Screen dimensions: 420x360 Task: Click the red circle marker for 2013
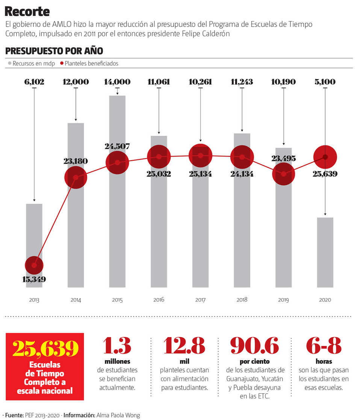tap(34, 265)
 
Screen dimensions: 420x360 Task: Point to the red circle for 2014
tap(76, 177)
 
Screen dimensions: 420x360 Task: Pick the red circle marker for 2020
tap(325, 157)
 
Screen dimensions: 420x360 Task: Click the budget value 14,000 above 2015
tap(118, 82)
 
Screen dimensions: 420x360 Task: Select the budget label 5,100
tap(325, 82)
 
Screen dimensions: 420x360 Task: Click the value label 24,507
tap(118, 146)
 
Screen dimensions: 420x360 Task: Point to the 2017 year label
tap(200, 300)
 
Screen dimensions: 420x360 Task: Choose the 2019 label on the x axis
tap(284, 300)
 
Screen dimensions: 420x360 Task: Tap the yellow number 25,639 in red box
tap(45, 349)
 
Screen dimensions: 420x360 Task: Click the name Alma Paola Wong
tap(118, 415)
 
